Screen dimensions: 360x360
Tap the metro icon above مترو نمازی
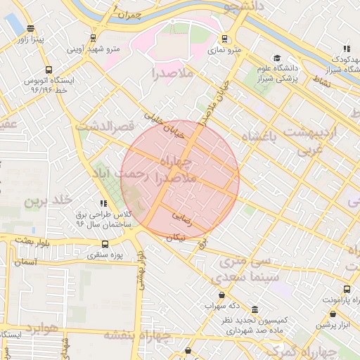224,39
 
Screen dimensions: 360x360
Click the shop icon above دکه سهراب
223,295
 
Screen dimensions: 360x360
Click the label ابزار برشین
337,325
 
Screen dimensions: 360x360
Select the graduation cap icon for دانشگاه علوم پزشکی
277,58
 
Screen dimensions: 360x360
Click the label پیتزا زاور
32,40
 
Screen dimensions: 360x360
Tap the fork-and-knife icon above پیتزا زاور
29,29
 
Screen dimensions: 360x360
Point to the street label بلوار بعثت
28,240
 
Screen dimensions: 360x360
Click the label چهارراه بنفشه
134,334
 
